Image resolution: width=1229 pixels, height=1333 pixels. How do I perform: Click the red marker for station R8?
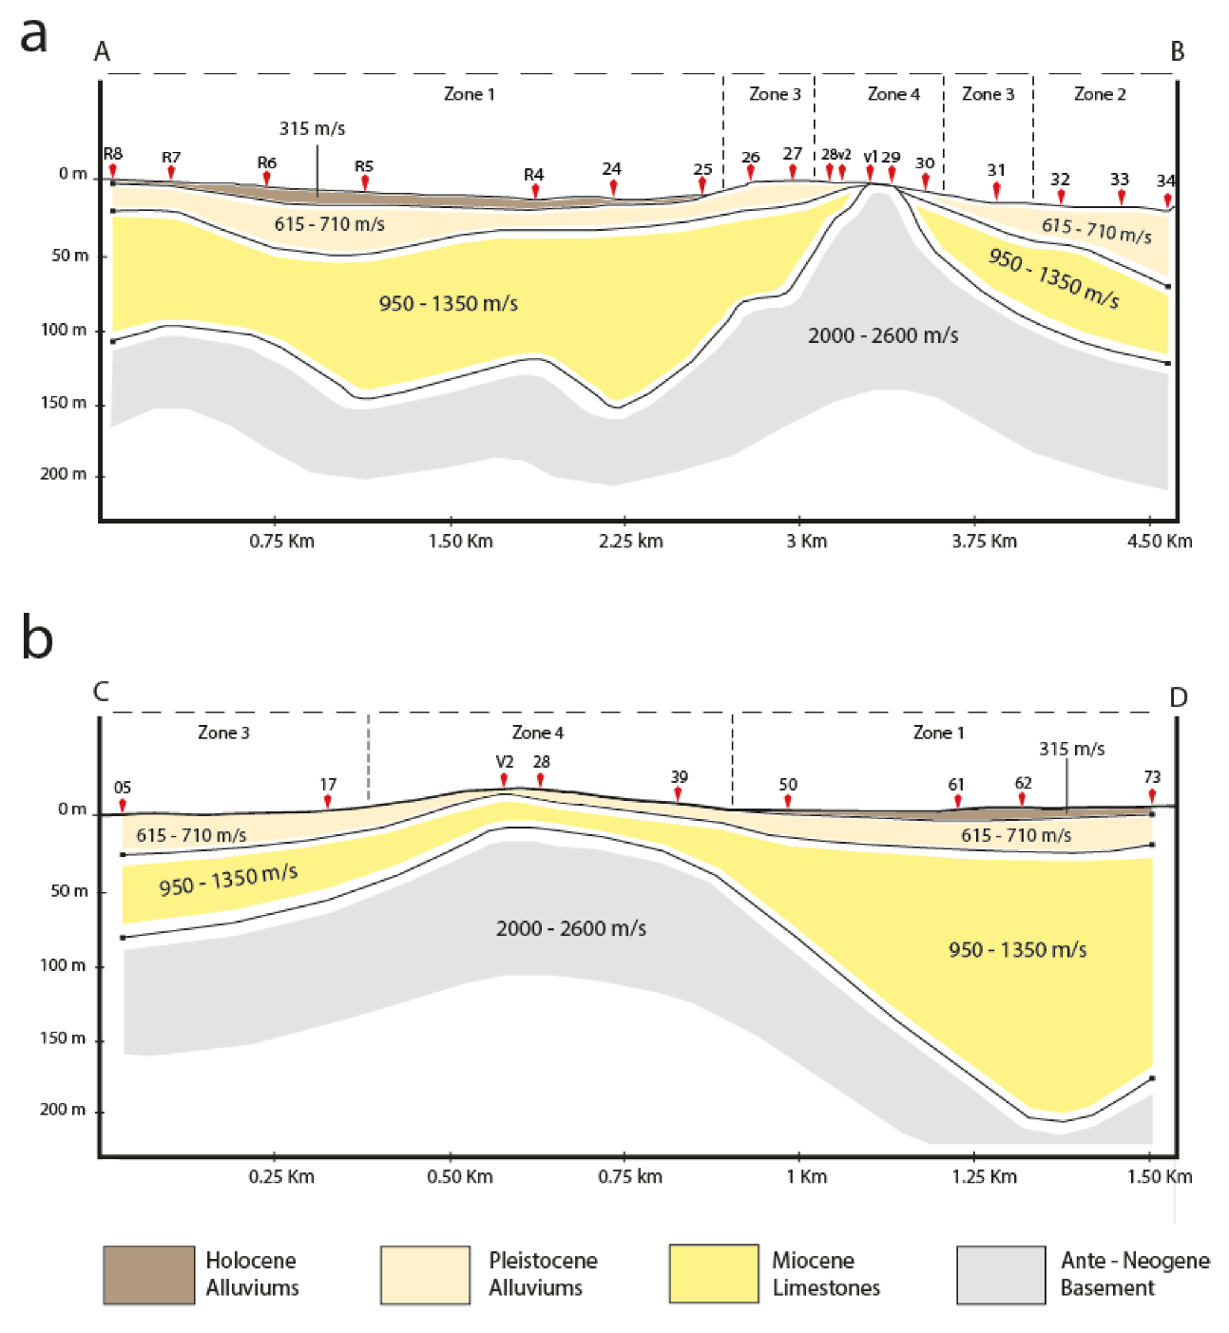click(x=113, y=170)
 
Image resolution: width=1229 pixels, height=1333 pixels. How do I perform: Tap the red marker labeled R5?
click(x=365, y=181)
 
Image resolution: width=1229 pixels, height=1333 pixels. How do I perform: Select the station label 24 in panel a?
click(x=611, y=168)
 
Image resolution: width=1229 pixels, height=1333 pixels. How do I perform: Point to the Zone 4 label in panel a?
click(x=893, y=94)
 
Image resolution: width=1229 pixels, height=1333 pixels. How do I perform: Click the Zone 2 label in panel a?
click(x=1100, y=94)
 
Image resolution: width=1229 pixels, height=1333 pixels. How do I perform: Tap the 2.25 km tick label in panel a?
click(x=630, y=542)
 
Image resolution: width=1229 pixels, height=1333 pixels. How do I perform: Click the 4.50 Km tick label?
click(x=1159, y=542)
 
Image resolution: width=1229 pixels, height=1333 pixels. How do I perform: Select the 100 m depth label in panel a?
click(x=64, y=330)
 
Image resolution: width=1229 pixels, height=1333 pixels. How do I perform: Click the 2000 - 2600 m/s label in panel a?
click(x=883, y=335)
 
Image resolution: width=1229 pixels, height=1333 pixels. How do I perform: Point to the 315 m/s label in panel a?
click(x=312, y=128)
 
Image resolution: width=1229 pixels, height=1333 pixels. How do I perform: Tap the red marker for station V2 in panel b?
click(x=505, y=780)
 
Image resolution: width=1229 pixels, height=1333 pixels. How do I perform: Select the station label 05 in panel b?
click(x=123, y=788)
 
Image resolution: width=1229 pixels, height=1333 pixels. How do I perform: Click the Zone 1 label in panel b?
click(x=938, y=733)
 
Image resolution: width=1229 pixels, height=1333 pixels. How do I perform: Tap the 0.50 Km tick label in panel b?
click(x=460, y=1177)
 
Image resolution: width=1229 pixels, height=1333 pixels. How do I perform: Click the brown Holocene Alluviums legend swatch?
click(x=149, y=1274)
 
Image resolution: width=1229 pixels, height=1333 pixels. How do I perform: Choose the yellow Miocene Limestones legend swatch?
click(x=713, y=1274)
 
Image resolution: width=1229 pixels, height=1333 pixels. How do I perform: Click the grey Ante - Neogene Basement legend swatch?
click(x=1001, y=1274)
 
